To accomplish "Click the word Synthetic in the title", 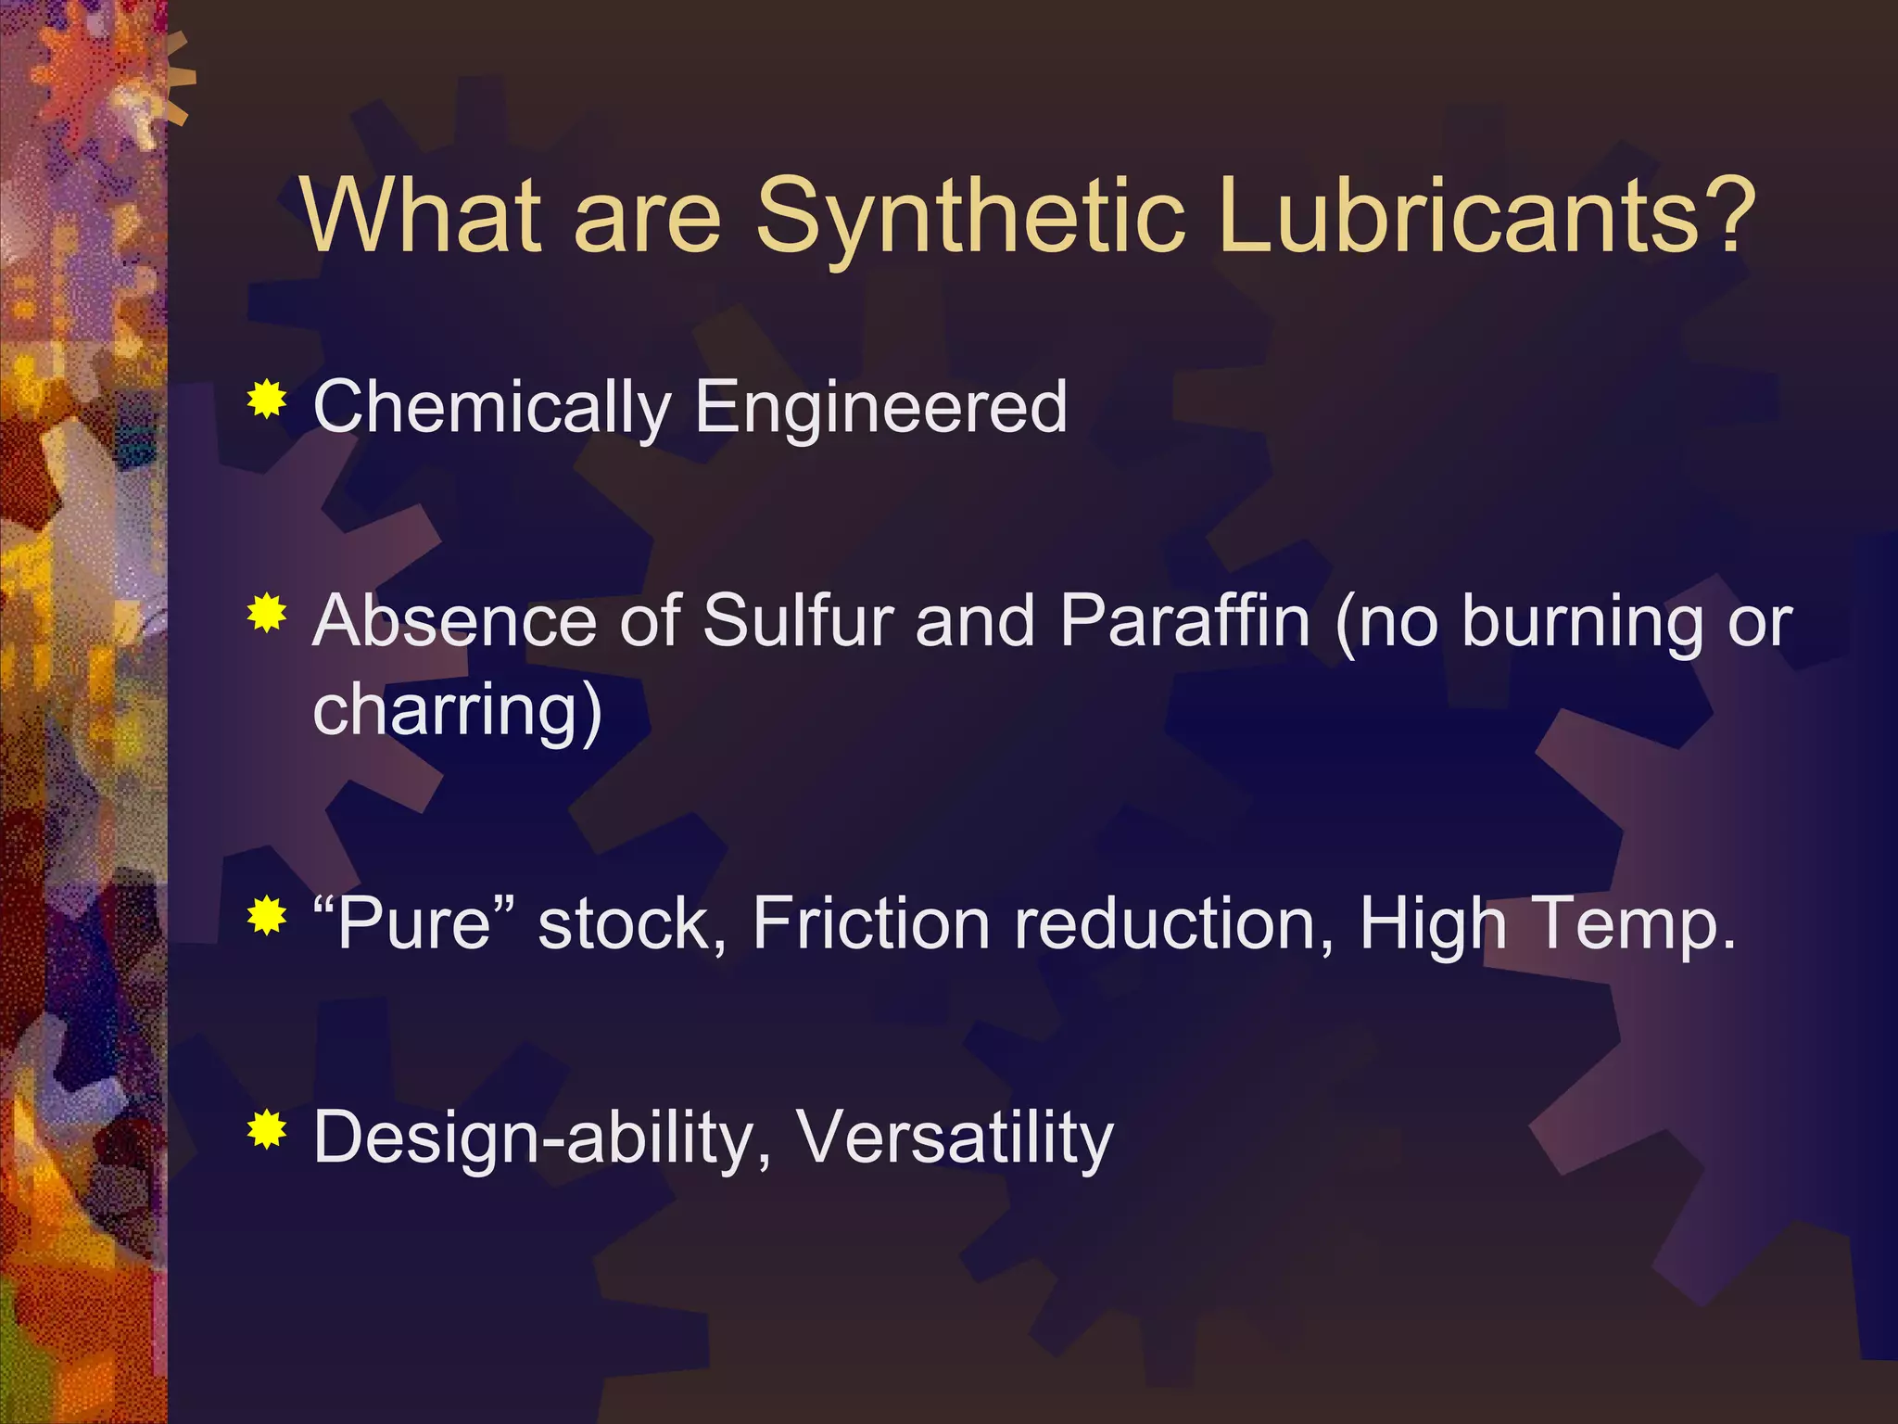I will point(970,217).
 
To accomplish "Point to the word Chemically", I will point(492,408).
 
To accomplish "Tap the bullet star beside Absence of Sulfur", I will point(267,614).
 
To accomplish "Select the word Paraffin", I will point(1185,620).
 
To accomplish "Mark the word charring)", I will point(458,712).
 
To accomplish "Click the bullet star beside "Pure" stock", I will point(267,917).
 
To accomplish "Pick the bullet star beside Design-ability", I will point(267,1129).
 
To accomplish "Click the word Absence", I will point(455,620).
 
